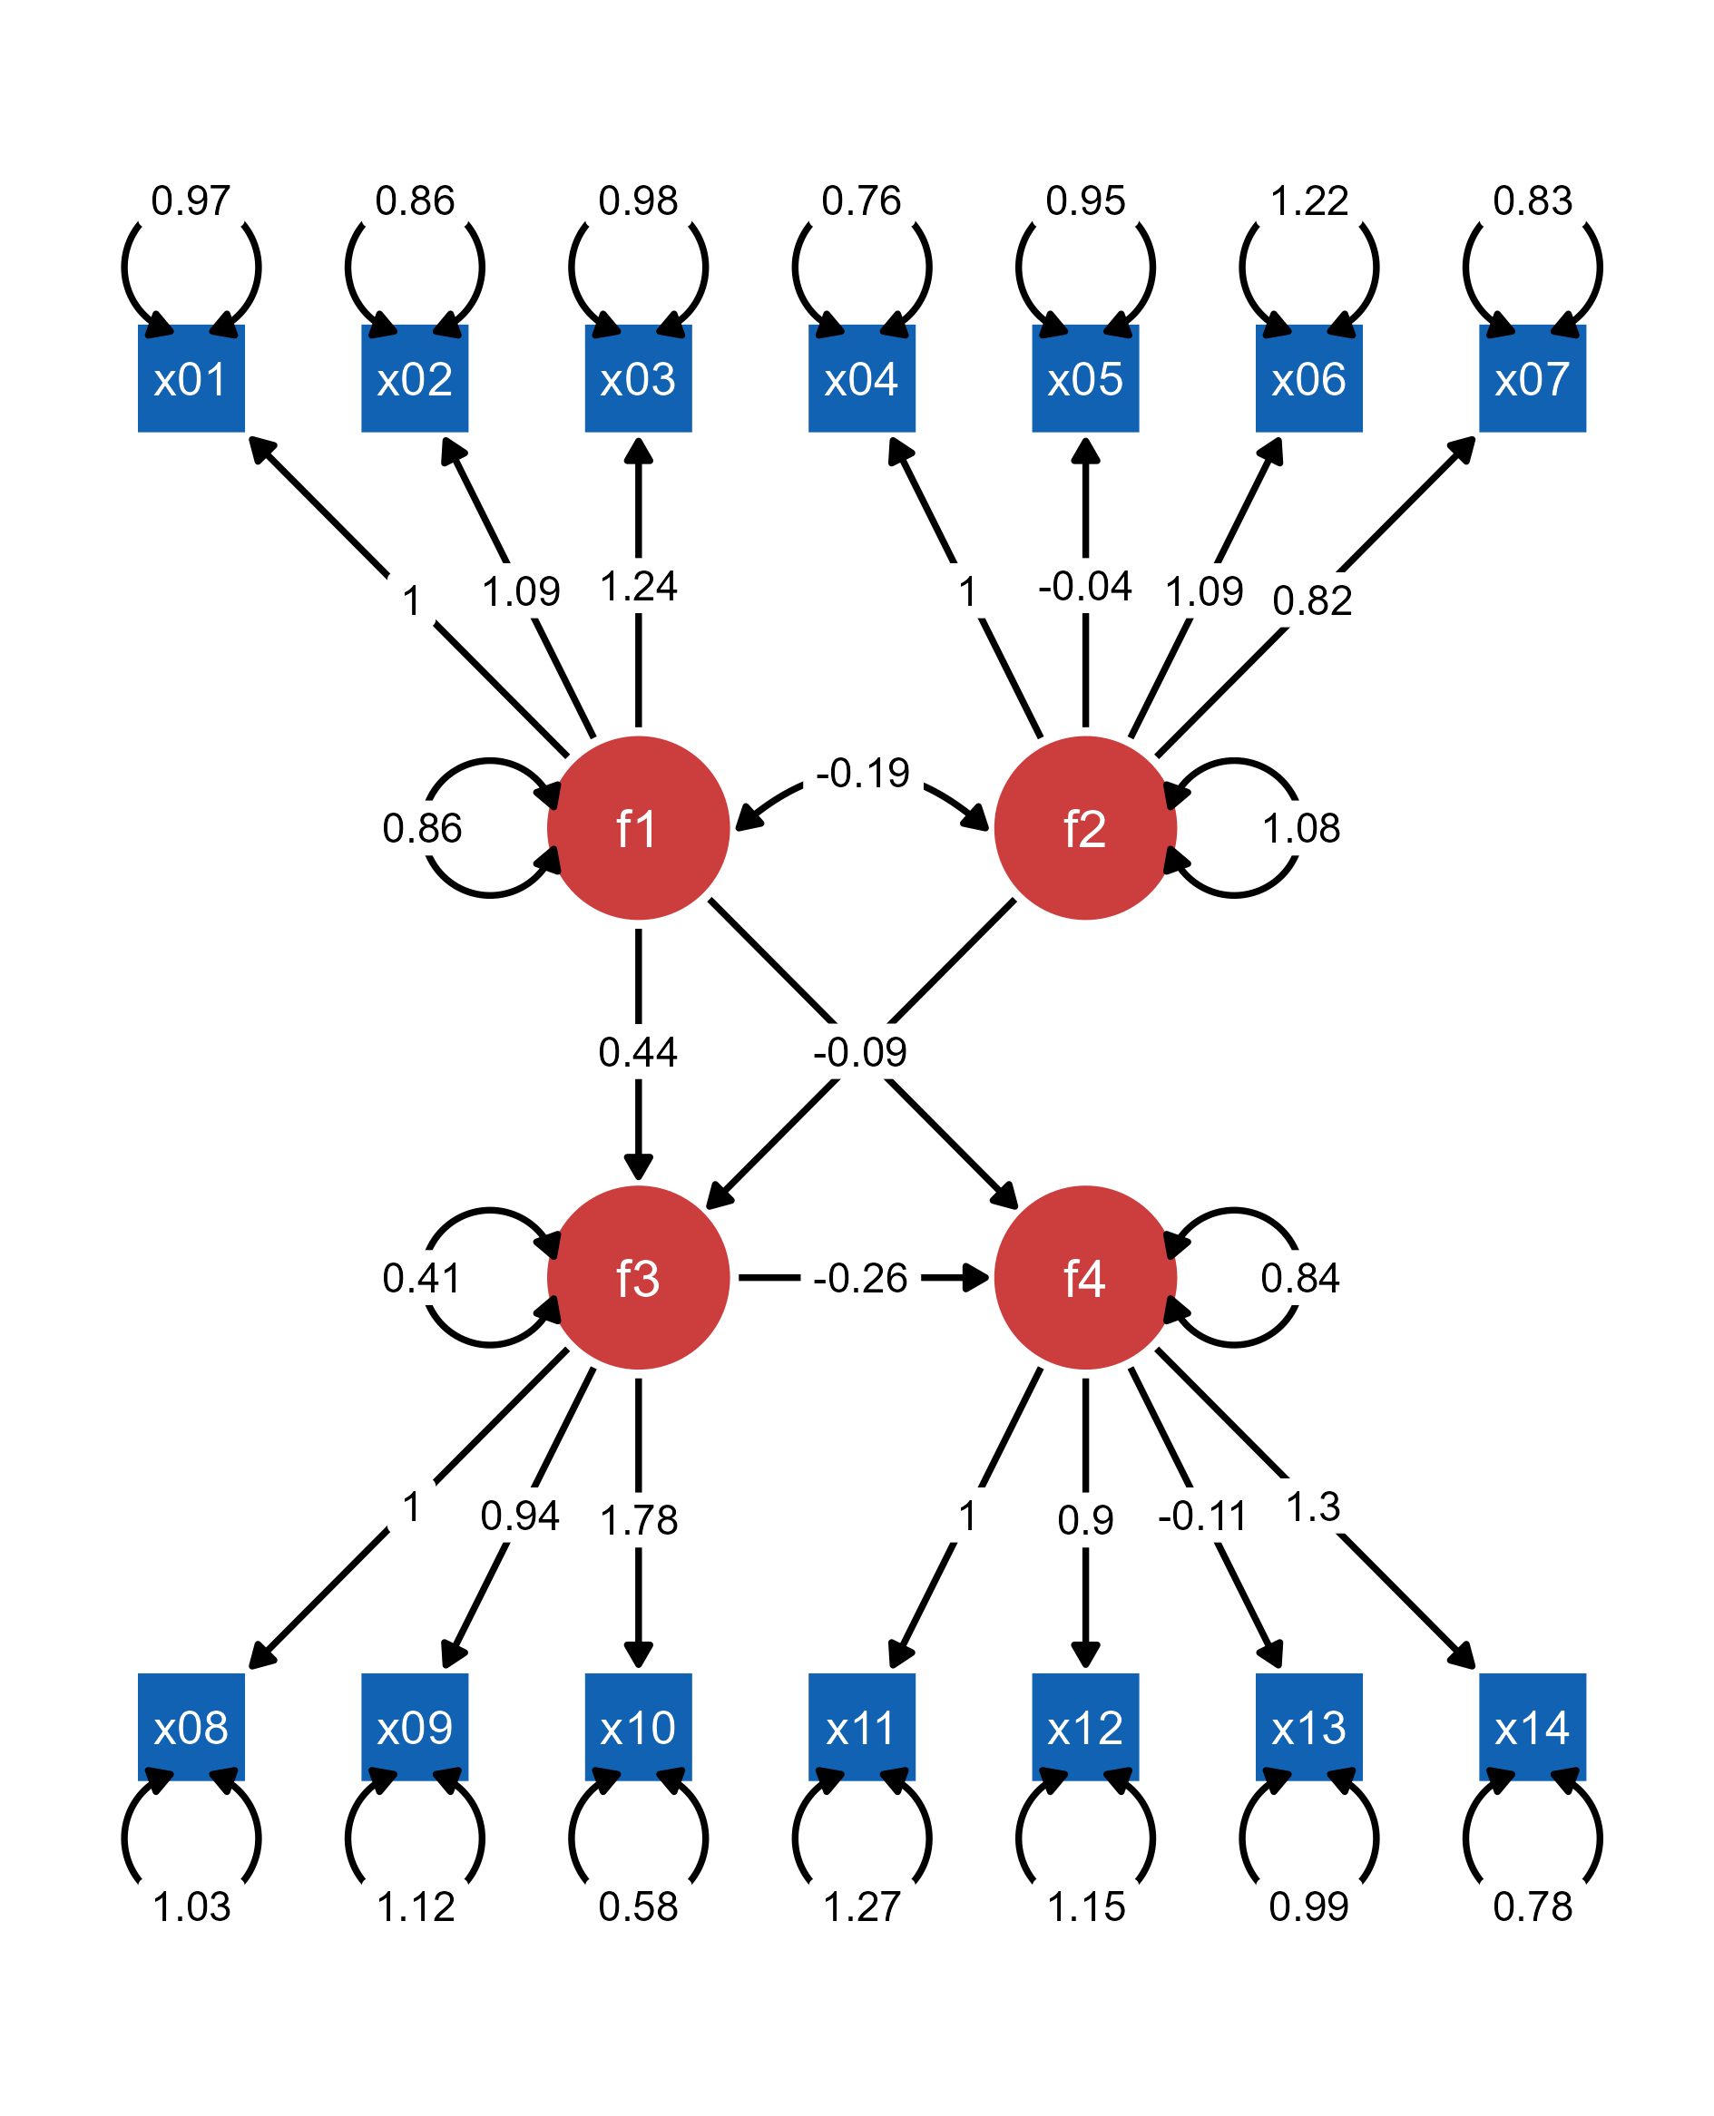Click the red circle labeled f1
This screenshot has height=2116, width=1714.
pyautogui.click(x=639, y=828)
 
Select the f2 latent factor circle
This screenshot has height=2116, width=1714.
pyautogui.click(x=1085, y=828)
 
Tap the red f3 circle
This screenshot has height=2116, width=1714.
pyautogui.click(x=639, y=1277)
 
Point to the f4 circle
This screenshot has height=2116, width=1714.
pyautogui.click(x=1085, y=1277)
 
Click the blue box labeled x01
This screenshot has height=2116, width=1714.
pyautogui.click(x=191, y=379)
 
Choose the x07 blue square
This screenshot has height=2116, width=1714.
pyautogui.click(x=1532, y=379)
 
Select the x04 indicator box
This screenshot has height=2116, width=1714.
pyautogui.click(x=861, y=379)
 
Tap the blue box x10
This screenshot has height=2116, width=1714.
pyautogui.click(x=639, y=1727)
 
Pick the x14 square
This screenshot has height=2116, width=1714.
pyautogui.click(x=1532, y=1727)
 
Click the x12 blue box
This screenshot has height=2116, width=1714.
pyautogui.click(x=1085, y=1727)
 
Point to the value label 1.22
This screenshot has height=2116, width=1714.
pyautogui.click(x=1308, y=200)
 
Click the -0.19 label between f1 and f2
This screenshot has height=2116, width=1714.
pyautogui.click(x=863, y=773)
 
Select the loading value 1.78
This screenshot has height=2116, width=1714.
pyautogui.click(x=639, y=1520)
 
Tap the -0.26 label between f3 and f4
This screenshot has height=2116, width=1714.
pyautogui.click(x=860, y=1278)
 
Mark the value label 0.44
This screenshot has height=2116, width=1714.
pyautogui.click(x=638, y=1052)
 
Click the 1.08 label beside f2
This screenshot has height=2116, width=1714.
pyautogui.click(x=1300, y=828)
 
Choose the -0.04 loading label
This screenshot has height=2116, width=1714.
pyautogui.click(x=1085, y=586)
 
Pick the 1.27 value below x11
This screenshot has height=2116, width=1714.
pyautogui.click(x=861, y=1906)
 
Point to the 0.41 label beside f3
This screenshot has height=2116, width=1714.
pyautogui.click(x=422, y=1278)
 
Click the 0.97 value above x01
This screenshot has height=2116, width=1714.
pyautogui.click(x=191, y=200)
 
